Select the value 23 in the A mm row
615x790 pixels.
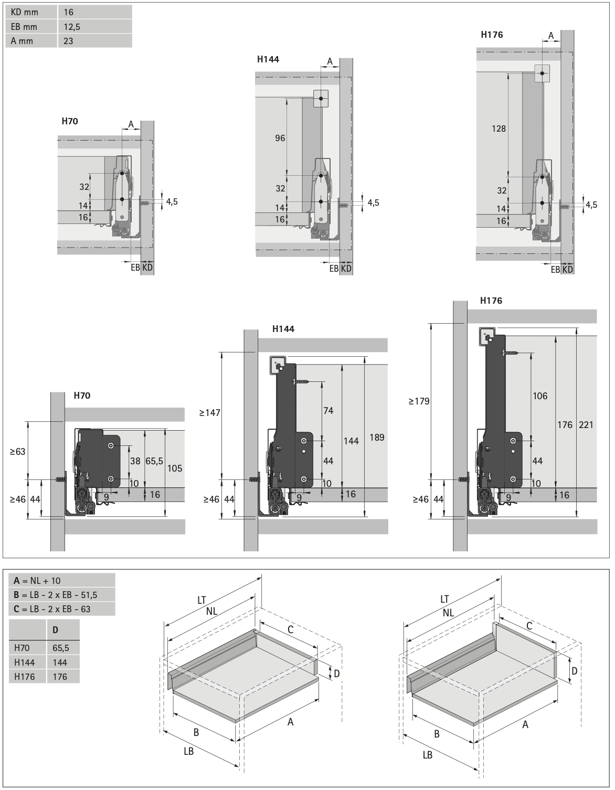point(68,40)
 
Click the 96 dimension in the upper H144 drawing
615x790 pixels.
point(280,138)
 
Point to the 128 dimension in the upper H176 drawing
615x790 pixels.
point(499,128)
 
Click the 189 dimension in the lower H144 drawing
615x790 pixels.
point(377,437)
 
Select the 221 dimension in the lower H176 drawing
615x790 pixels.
point(586,424)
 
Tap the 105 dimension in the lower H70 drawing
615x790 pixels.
point(175,468)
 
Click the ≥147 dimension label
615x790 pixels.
point(209,413)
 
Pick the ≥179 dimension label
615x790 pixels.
point(419,401)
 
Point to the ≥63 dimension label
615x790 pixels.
point(17,451)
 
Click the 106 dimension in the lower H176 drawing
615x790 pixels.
point(540,396)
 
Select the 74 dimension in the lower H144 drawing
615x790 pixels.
point(328,411)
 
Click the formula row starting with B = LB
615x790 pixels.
point(56,594)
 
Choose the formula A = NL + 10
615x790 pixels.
point(37,580)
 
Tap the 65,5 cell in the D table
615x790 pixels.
point(61,648)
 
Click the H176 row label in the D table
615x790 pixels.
point(25,676)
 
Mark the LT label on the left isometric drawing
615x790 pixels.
point(202,600)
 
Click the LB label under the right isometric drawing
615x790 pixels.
point(428,754)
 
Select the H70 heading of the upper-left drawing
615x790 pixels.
point(70,121)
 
